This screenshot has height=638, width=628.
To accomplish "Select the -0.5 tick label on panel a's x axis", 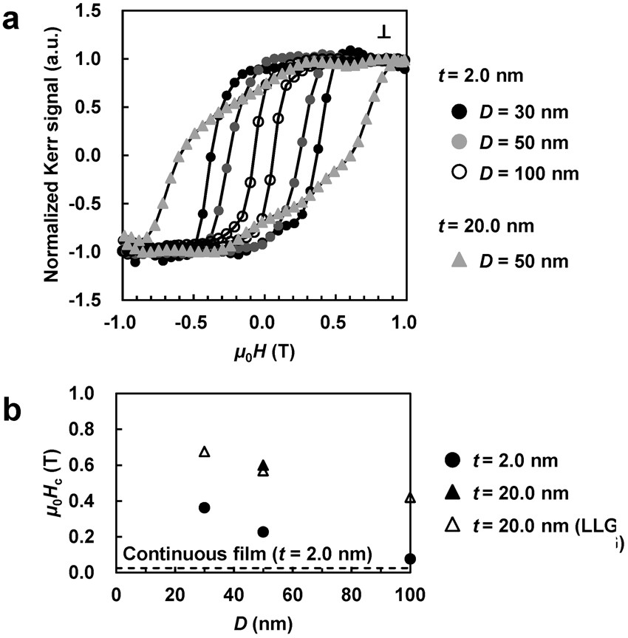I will coord(189,323).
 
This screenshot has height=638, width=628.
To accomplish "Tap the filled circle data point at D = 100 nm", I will coord(410,558).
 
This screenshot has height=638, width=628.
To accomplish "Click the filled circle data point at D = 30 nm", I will coord(205,507).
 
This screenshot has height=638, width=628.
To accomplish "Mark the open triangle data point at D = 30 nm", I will coord(205,451).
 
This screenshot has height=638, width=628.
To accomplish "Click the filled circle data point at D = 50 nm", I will coord(263,532).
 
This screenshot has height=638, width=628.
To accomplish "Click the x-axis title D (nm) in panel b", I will coord(262,624).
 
